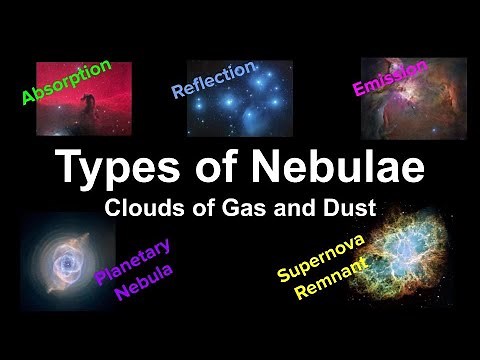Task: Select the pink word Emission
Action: click(x=390, y=77)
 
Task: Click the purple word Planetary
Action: click(x=134, y=262)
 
